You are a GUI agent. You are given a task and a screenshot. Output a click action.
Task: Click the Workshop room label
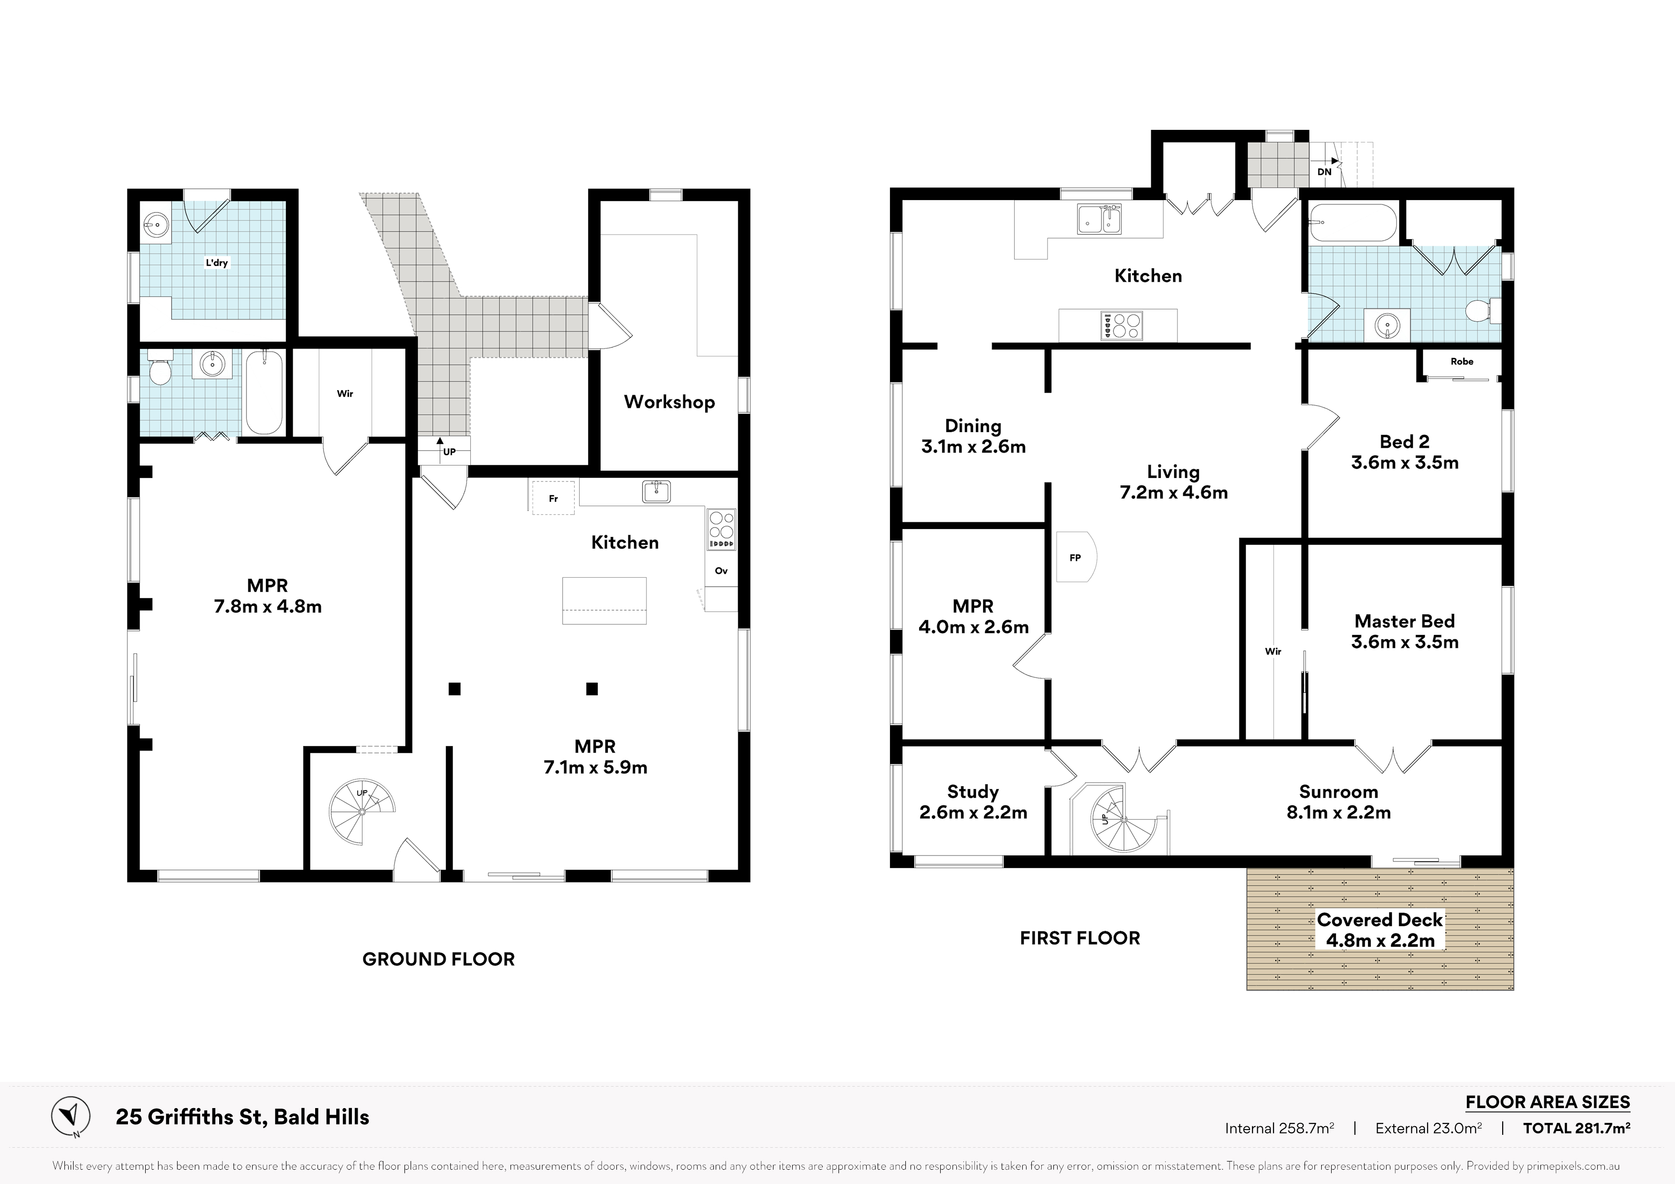click(669, 402)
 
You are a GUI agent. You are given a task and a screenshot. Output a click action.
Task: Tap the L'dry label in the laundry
click(217, 263)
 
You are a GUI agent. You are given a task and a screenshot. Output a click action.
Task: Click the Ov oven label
click(721, 571)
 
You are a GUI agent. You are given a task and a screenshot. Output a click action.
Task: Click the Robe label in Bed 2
click(1462, 361)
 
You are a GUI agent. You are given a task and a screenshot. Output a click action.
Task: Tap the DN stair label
click(1324, 171)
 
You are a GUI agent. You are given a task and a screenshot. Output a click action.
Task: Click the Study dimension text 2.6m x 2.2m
click(973, 812)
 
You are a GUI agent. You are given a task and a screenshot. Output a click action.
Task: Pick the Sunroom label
click(1339, 792)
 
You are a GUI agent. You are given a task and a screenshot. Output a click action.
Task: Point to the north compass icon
click(71, 1116)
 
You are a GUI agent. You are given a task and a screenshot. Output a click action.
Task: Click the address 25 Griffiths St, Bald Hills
click(242, 1117)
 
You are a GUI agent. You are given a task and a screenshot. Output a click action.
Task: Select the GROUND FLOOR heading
click(438, 959)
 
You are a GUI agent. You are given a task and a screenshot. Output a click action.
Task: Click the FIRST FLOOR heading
click(1080, 938)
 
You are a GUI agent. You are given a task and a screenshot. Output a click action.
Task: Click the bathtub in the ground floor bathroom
click(264, 392)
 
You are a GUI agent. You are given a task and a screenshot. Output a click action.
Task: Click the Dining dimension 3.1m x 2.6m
click(973, 446)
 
